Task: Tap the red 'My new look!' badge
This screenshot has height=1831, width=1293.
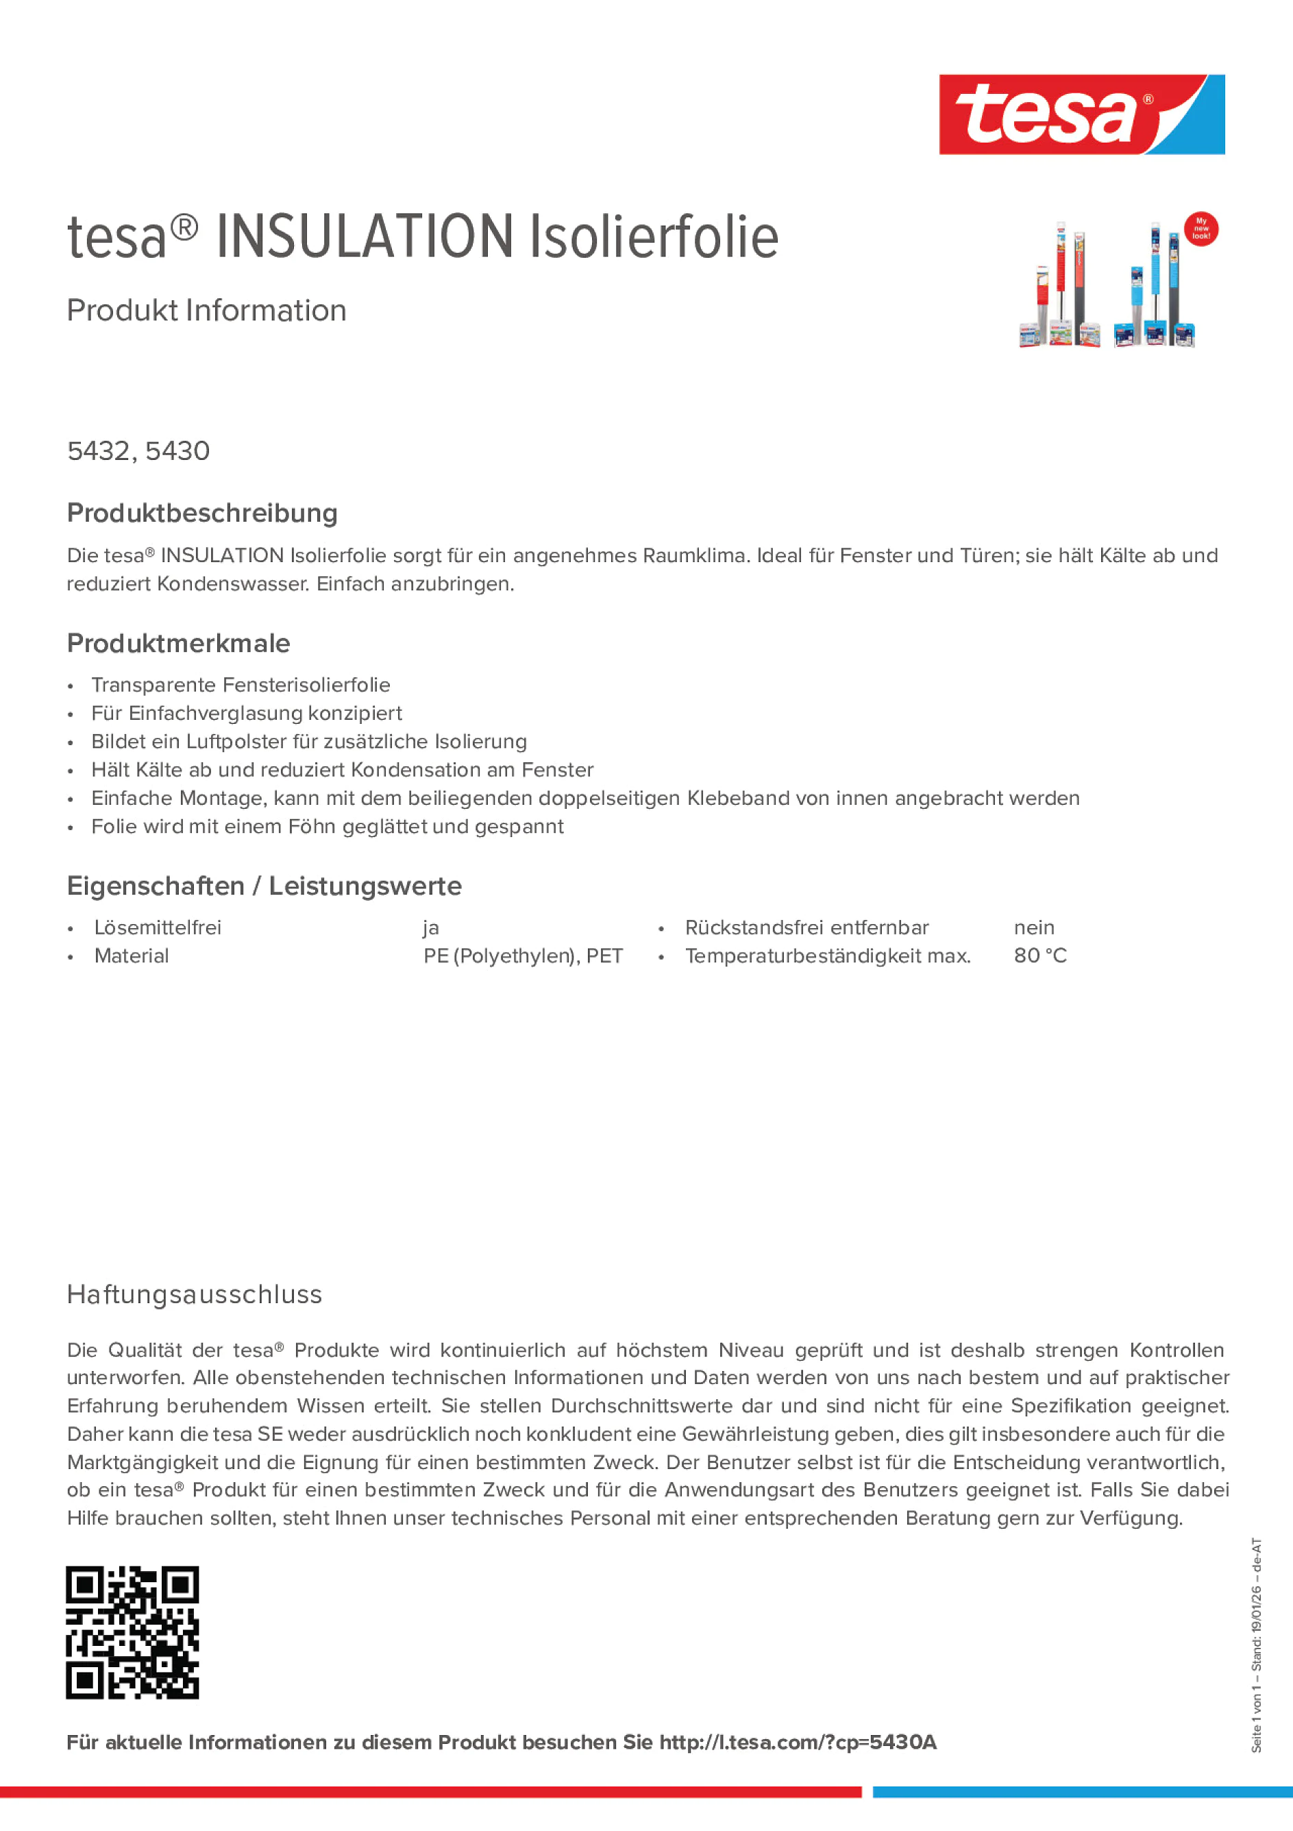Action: point(1200,229)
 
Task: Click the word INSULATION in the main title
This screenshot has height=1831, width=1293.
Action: point(365,237)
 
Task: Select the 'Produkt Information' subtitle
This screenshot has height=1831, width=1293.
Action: point(206,311)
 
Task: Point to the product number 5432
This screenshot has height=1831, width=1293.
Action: point(98,451)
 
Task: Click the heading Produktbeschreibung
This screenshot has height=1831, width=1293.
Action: point(201,513)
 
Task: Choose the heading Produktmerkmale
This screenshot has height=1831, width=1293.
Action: point(179,643)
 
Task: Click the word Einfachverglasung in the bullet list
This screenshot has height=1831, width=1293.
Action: point(218,713)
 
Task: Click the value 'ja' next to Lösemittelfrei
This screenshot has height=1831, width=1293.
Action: point(430,927)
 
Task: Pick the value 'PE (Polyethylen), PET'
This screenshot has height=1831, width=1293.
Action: point(522,956)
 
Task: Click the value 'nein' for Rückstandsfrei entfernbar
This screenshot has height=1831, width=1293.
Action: point(1033,927)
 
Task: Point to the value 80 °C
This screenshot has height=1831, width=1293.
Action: point(1039,956)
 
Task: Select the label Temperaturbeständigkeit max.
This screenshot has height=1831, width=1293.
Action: point(828,956)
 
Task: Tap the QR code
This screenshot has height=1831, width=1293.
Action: point(132,1632)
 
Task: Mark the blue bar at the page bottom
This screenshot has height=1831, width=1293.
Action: point(1082,1792)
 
